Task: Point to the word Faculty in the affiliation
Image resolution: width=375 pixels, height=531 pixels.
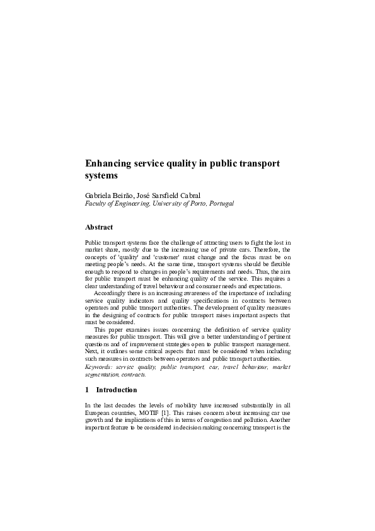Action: click(x=96, y=204)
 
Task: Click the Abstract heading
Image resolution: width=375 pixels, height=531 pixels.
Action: click(x=99, y=226)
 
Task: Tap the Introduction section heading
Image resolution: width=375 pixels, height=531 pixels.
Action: click(x=119, y=390)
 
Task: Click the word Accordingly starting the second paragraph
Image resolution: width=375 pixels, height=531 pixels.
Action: click(x=111, y=293)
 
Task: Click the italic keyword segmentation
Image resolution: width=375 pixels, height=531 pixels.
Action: click(x=104, y=373)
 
